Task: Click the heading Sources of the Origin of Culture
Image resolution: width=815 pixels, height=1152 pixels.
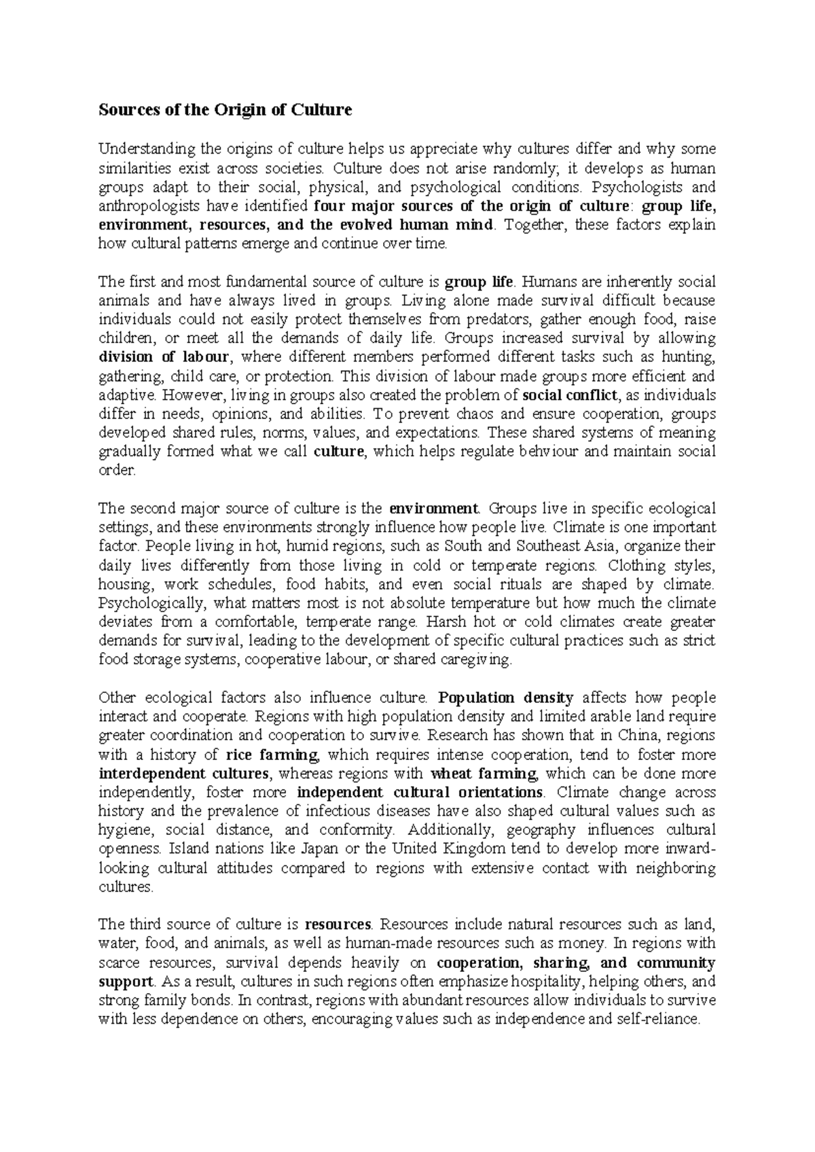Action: [x=225, y=109]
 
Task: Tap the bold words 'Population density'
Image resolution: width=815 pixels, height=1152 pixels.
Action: [x=507, y=698]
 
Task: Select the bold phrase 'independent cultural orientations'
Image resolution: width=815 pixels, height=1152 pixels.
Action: [x=420, y=793]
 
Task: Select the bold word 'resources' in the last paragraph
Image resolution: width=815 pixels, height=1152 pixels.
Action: [x=338, y=924]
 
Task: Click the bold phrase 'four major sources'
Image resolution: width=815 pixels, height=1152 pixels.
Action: [x=357, y=206]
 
